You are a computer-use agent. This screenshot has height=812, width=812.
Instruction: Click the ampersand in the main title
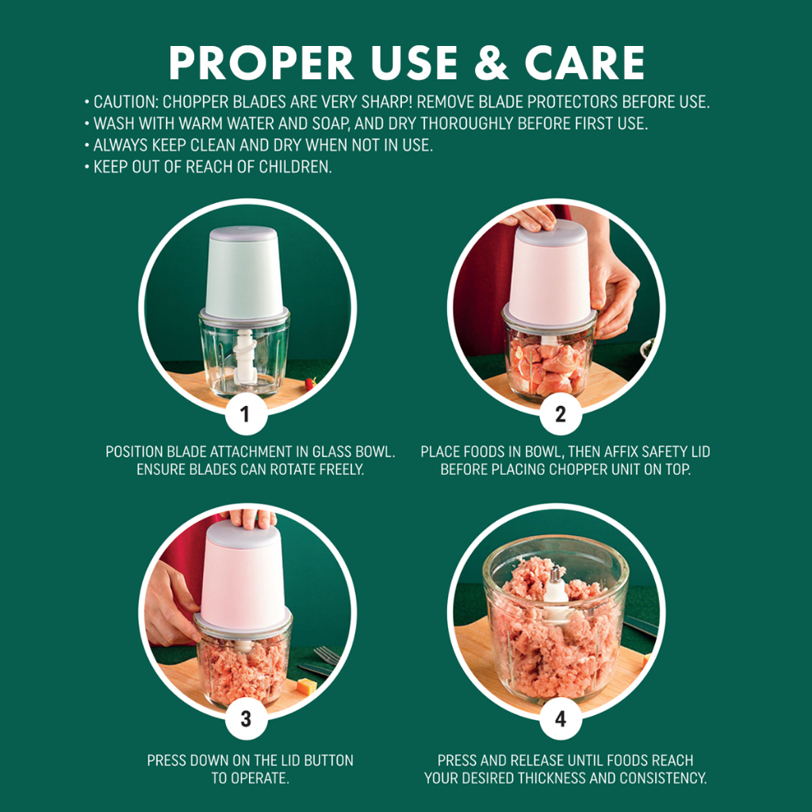tap(491, 63)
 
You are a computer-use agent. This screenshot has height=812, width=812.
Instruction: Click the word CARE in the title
tap(584, 63)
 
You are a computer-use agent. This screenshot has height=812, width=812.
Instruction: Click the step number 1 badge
tap(246, 414)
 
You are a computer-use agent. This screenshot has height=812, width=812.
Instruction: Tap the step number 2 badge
tap(561, 414)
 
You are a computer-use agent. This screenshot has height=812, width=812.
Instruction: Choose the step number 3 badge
tap(246, 718)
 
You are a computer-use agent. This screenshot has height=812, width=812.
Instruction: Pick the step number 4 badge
tap(561, 718)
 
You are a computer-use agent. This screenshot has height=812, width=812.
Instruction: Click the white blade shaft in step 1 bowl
tap(245, 358)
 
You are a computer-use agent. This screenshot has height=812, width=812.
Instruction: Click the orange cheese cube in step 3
tap(306, 687)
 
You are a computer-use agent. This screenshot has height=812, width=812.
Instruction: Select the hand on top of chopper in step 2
tap(529, 218)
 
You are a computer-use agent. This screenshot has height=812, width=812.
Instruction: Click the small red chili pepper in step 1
tap(310, 384)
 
